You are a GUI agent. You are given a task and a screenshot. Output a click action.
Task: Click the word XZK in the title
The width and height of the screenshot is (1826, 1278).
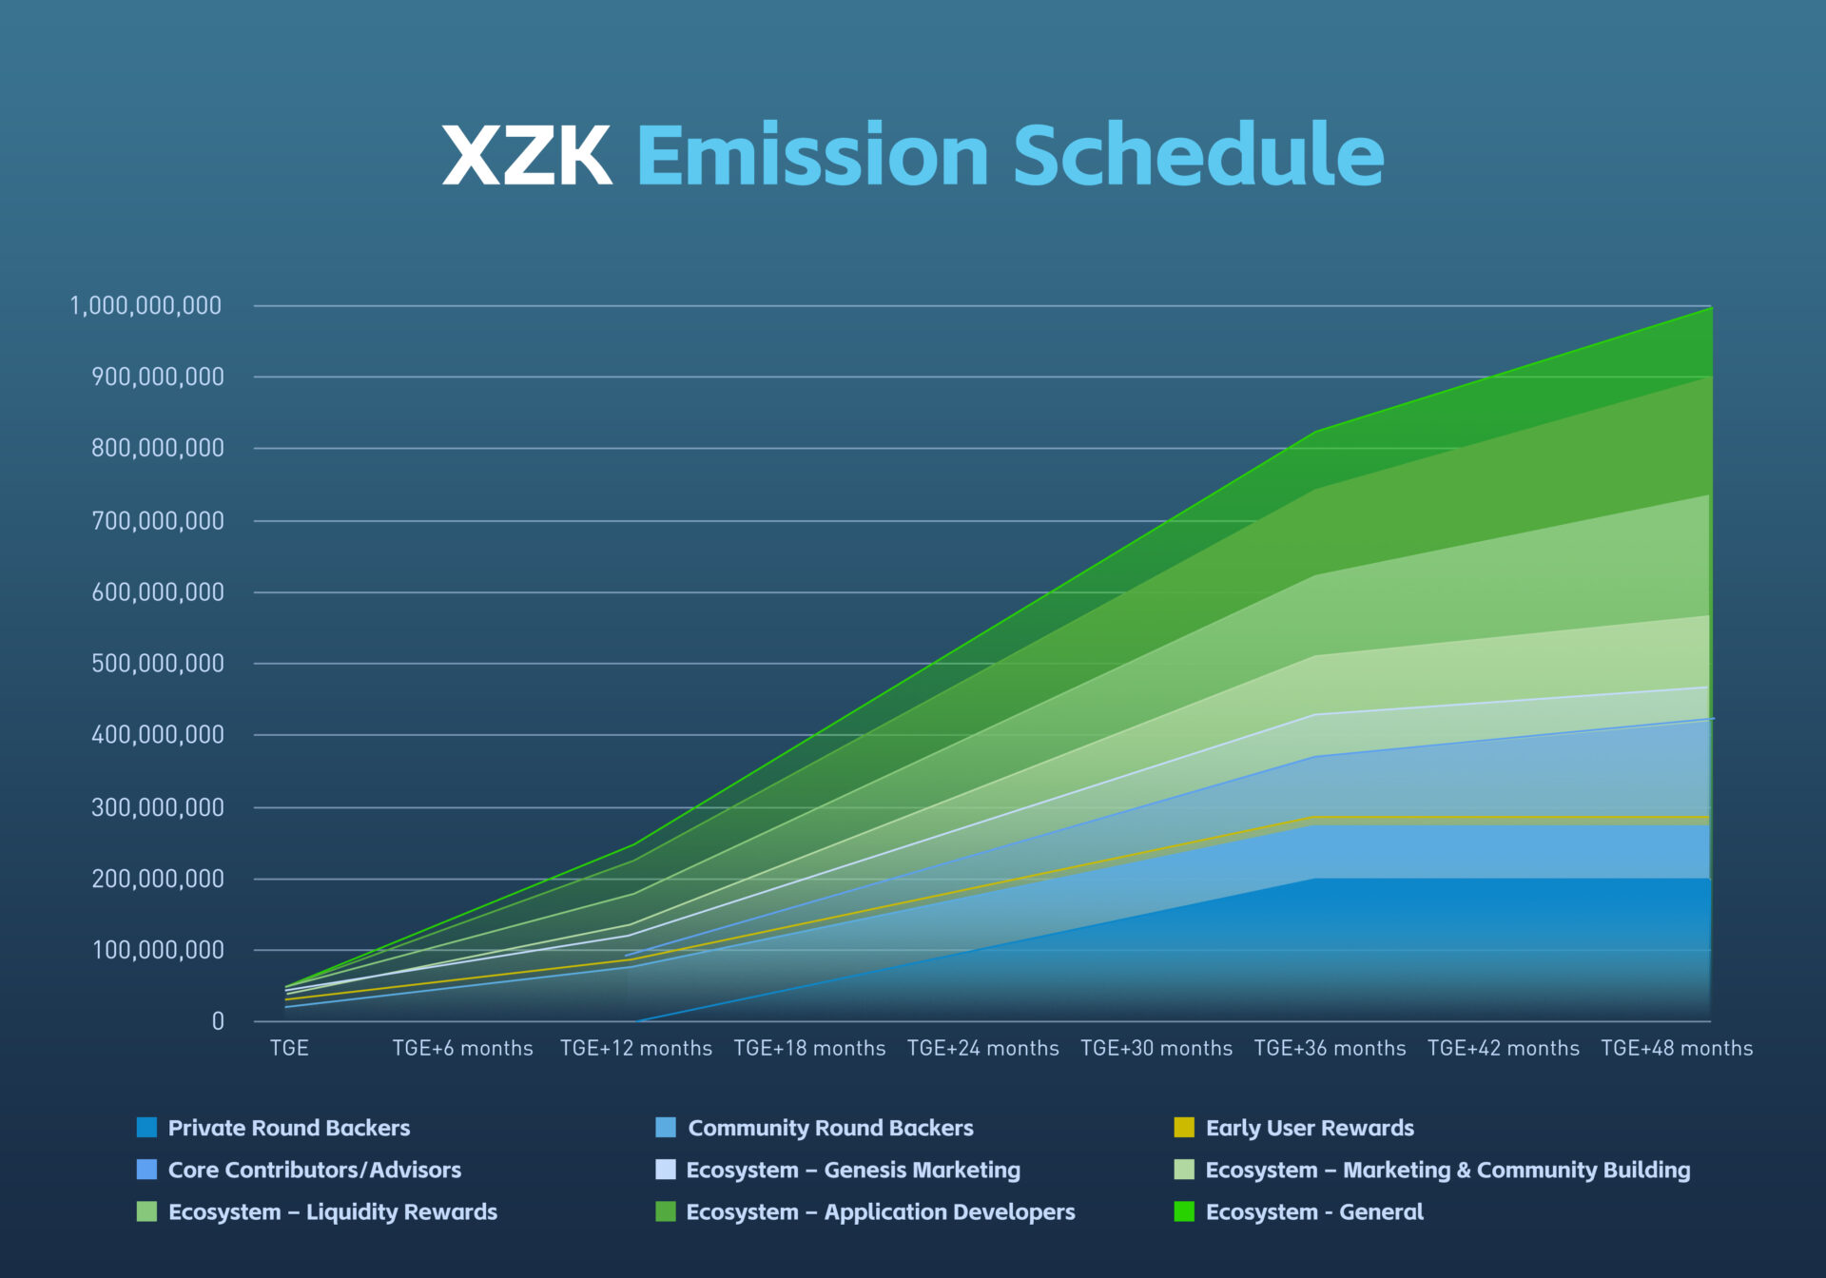click(527, 155)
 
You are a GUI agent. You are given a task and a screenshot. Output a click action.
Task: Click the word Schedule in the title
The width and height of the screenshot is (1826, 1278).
click(1198, 155)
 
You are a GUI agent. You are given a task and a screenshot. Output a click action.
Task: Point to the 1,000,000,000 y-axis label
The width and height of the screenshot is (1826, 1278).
click(146, 306)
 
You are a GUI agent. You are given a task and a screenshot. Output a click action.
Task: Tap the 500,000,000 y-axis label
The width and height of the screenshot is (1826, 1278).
click(158, 664)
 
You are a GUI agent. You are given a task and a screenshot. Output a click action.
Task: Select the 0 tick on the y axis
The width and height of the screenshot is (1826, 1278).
click(218, 1022)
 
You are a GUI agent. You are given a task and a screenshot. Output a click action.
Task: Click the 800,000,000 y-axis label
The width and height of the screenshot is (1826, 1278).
click(158, 449)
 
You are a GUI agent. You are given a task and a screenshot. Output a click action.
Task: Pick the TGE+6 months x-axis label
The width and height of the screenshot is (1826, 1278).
click(462, 1048)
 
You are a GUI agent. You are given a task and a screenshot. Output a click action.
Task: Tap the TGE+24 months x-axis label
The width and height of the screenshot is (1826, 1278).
click(982, 1048)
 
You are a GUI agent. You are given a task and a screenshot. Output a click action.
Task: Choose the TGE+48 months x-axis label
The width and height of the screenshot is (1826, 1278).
click(1676, 1048)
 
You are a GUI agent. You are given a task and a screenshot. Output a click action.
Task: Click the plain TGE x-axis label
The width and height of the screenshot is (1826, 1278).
click(289, 1048)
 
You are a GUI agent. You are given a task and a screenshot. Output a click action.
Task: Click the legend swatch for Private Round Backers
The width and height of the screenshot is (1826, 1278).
click(146, 1128)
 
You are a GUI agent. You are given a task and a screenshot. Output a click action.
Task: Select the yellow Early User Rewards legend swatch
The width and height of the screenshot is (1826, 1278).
click(1184, 1128)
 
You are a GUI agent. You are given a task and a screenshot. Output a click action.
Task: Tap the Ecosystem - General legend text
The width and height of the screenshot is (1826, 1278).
click(1314, 1212)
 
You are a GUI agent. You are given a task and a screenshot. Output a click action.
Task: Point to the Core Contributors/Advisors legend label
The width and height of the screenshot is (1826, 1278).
click(314, 1171)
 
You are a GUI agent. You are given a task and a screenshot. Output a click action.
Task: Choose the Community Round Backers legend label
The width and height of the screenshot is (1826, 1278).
click(830, 1128)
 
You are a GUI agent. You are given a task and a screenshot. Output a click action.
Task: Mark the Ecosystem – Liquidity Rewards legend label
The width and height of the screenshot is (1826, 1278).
click(333, 1212)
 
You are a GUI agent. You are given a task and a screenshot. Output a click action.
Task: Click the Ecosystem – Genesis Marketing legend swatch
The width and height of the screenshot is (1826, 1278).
click(666, 1170)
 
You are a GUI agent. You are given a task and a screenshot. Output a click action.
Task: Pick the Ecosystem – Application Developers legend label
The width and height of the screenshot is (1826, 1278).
click(881, 1212)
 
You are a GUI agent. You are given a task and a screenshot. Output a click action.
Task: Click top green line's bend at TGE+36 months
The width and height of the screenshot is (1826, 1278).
click(1316, 432)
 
